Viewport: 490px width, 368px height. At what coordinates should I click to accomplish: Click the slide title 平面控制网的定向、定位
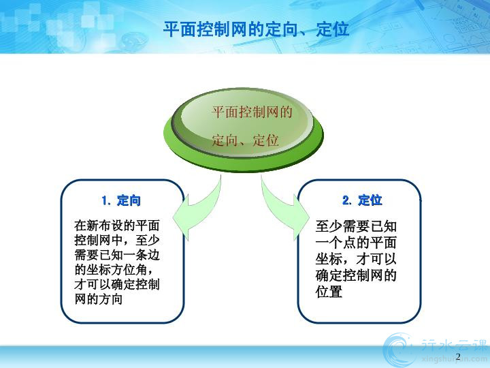(256, 29)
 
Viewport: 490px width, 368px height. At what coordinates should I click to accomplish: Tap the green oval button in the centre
(244, 129)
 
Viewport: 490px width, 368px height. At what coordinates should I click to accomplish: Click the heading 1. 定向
(121, 200)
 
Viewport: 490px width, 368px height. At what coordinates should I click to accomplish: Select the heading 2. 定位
(362, 200)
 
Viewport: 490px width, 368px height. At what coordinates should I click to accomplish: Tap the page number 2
(458, 356)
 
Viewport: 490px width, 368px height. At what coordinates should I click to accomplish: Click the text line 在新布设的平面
(117, 226)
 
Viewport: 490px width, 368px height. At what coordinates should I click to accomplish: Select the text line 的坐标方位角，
(114, 270)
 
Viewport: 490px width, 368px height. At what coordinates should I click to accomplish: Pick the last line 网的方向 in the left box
(98, 299)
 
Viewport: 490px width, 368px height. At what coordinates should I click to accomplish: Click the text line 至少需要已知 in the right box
(356, 226)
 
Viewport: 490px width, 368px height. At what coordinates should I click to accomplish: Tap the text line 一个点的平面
(356, 243)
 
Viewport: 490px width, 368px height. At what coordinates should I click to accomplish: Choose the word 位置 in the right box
(329, 292)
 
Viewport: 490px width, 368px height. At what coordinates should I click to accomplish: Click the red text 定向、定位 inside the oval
(245, 140)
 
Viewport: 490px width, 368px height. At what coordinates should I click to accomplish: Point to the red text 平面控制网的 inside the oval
(252, 112)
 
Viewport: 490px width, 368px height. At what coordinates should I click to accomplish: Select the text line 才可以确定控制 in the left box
(117, 284)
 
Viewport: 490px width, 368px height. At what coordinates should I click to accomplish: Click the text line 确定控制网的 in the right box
(356, 275)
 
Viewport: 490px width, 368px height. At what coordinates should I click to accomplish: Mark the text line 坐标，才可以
(356, 259)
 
